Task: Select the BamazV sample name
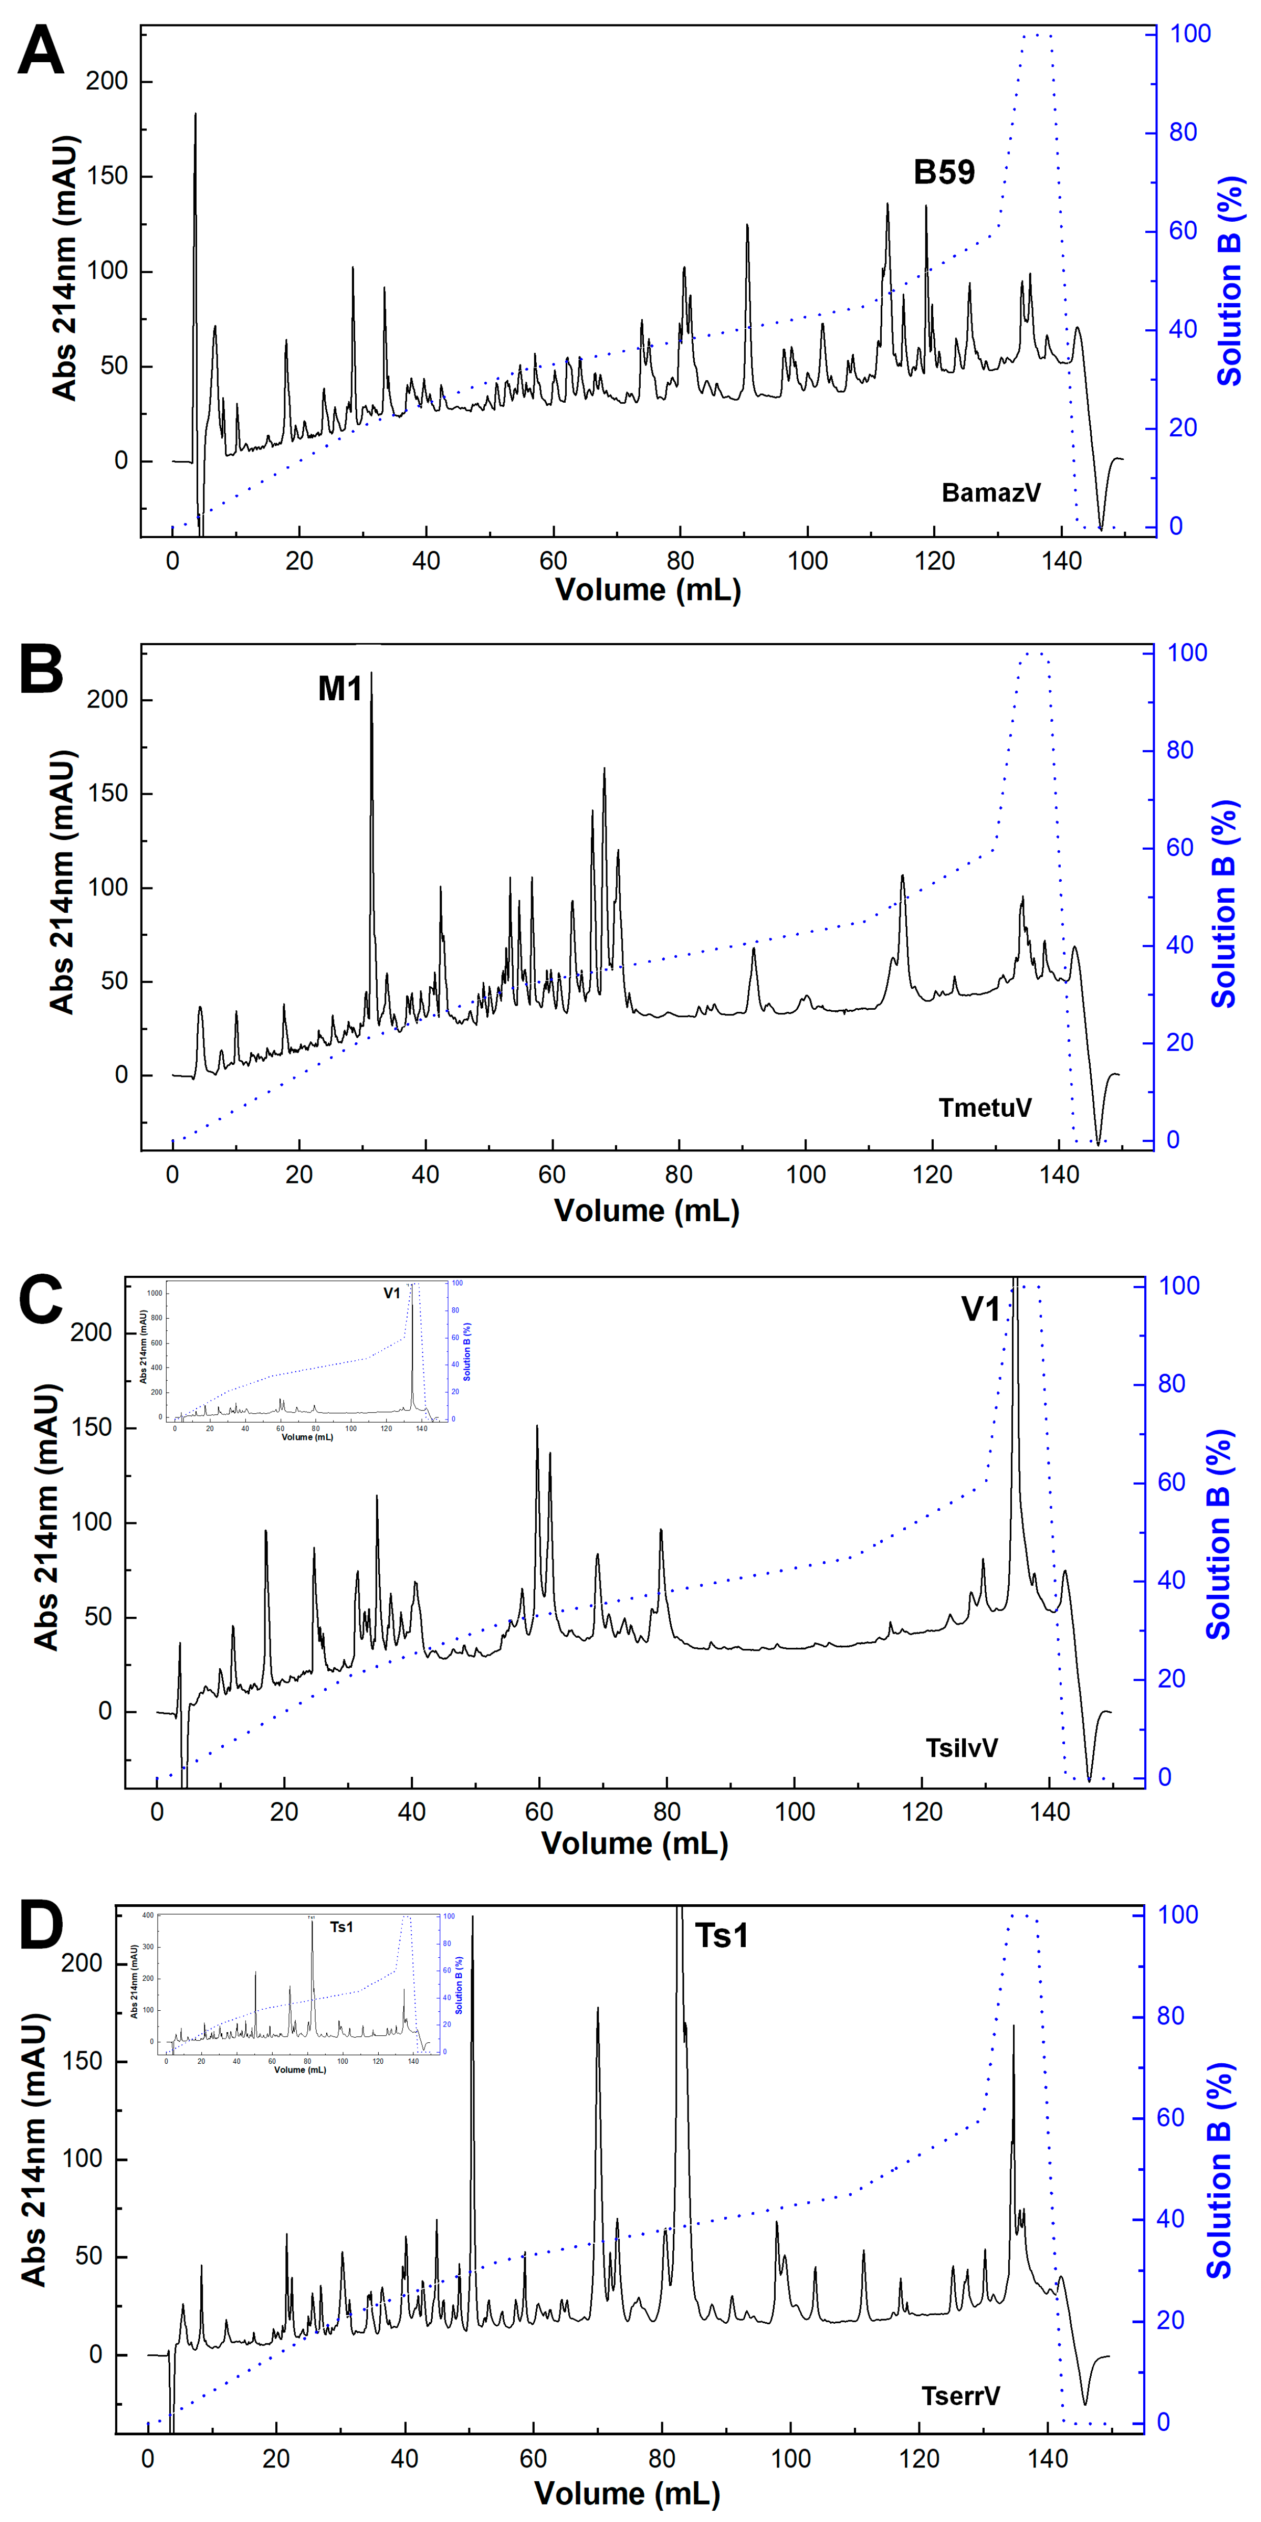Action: pos(991,492)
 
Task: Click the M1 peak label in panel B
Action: pos(340,689)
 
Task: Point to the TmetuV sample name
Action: pos(985,1107)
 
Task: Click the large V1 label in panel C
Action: pos(980,1309)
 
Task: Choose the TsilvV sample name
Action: pos(961,1748)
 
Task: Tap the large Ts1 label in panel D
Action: pos(722,1935)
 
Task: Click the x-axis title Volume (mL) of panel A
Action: pos(648,590)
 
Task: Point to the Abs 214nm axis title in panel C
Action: pos(46,1517)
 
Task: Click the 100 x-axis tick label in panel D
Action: pos(790,2458)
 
